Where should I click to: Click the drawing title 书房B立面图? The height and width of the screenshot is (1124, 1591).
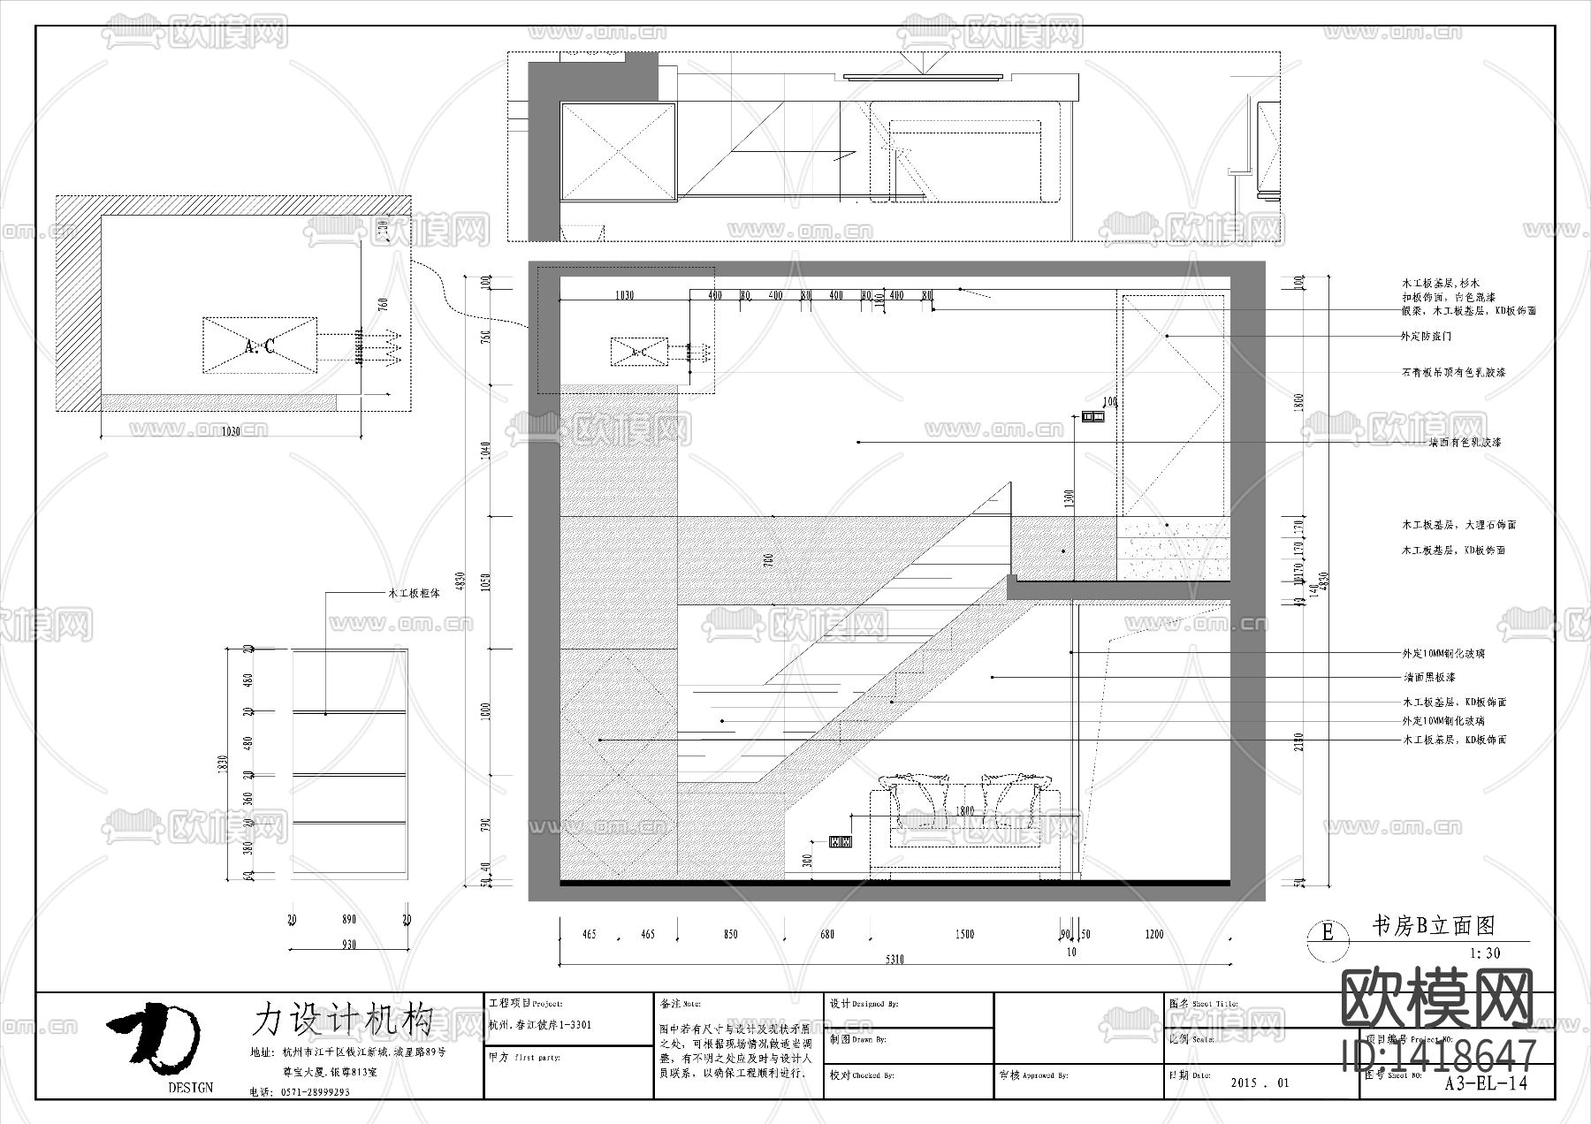[1432, 926]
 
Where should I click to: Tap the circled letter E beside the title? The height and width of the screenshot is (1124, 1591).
[1327, 931]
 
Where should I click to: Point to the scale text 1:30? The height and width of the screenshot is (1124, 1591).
[1484, 953]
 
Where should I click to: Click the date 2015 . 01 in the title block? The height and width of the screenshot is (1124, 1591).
[1260, 1082]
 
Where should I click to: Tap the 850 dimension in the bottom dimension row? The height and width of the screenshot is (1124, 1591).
[730, 934]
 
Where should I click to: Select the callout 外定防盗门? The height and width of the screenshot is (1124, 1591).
[1426, 337]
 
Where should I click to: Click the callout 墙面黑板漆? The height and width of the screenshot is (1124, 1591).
[1428, 678]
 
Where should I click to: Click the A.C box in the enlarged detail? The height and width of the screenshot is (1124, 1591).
[260, 346]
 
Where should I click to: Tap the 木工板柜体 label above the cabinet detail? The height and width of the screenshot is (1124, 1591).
[415, 594]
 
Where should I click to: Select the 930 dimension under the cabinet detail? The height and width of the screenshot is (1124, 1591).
[349, 945]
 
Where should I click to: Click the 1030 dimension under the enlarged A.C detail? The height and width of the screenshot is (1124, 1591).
[231, 431]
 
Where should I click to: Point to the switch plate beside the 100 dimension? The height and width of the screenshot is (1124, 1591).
[1093, 416]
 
